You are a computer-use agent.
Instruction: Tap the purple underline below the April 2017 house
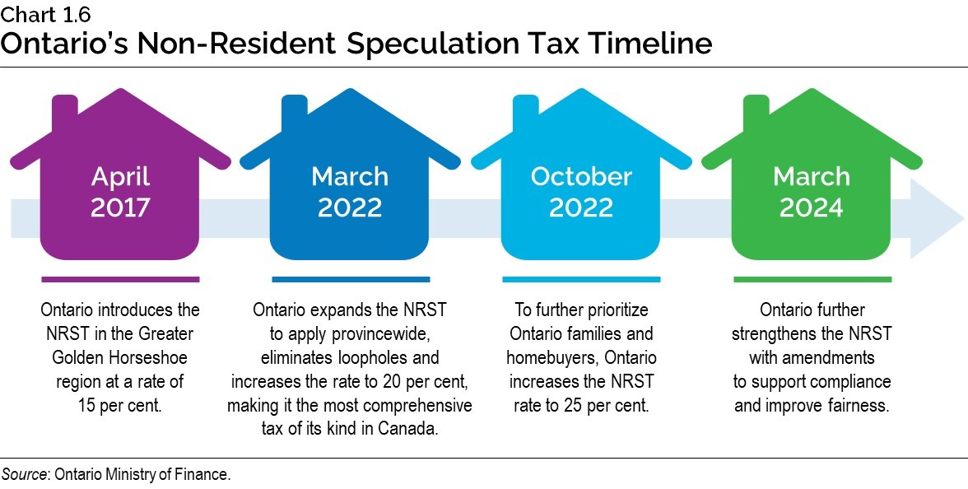click(120, 280)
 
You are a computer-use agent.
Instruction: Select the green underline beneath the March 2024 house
click(812, 280)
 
